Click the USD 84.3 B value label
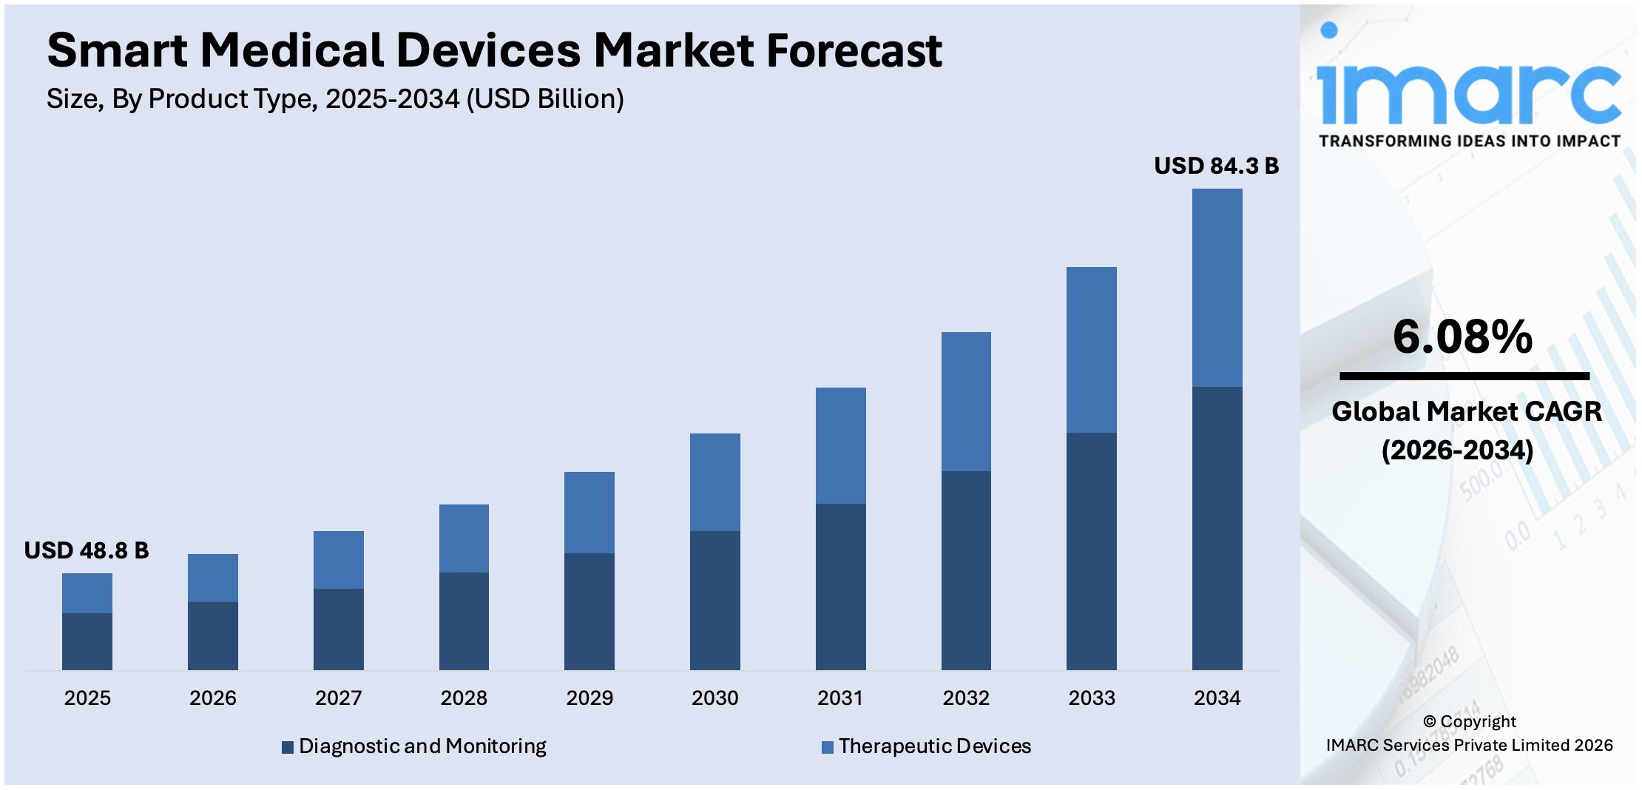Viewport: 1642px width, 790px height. (1216, 166)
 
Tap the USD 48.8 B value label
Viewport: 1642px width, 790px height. (87, 550)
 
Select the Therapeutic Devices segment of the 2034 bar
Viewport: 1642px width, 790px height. (1217, 288)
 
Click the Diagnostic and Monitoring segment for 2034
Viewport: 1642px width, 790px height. (1217, 528)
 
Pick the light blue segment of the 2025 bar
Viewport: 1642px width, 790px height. (87, 593)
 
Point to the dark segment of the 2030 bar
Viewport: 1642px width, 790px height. (714, 600)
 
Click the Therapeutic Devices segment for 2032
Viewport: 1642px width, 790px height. (966, 402)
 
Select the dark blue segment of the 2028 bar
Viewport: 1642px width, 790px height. (464, 621)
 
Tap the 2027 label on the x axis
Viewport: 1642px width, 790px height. (338, 698)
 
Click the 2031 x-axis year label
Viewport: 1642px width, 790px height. (840, 698)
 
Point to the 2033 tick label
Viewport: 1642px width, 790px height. (1091, 698)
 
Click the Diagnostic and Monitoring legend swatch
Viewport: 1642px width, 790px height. (288, 747)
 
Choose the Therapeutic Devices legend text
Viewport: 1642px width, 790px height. (934, 746)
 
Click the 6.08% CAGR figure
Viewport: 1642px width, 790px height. (1462, 337)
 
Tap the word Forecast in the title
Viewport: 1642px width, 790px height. (854, 50)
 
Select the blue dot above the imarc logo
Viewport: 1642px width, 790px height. (1329, 30)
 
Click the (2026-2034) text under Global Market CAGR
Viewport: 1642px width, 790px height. (1457, 450)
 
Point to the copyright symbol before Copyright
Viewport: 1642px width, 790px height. (1429, 721)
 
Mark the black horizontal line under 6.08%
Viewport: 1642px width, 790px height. (1464, 377)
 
